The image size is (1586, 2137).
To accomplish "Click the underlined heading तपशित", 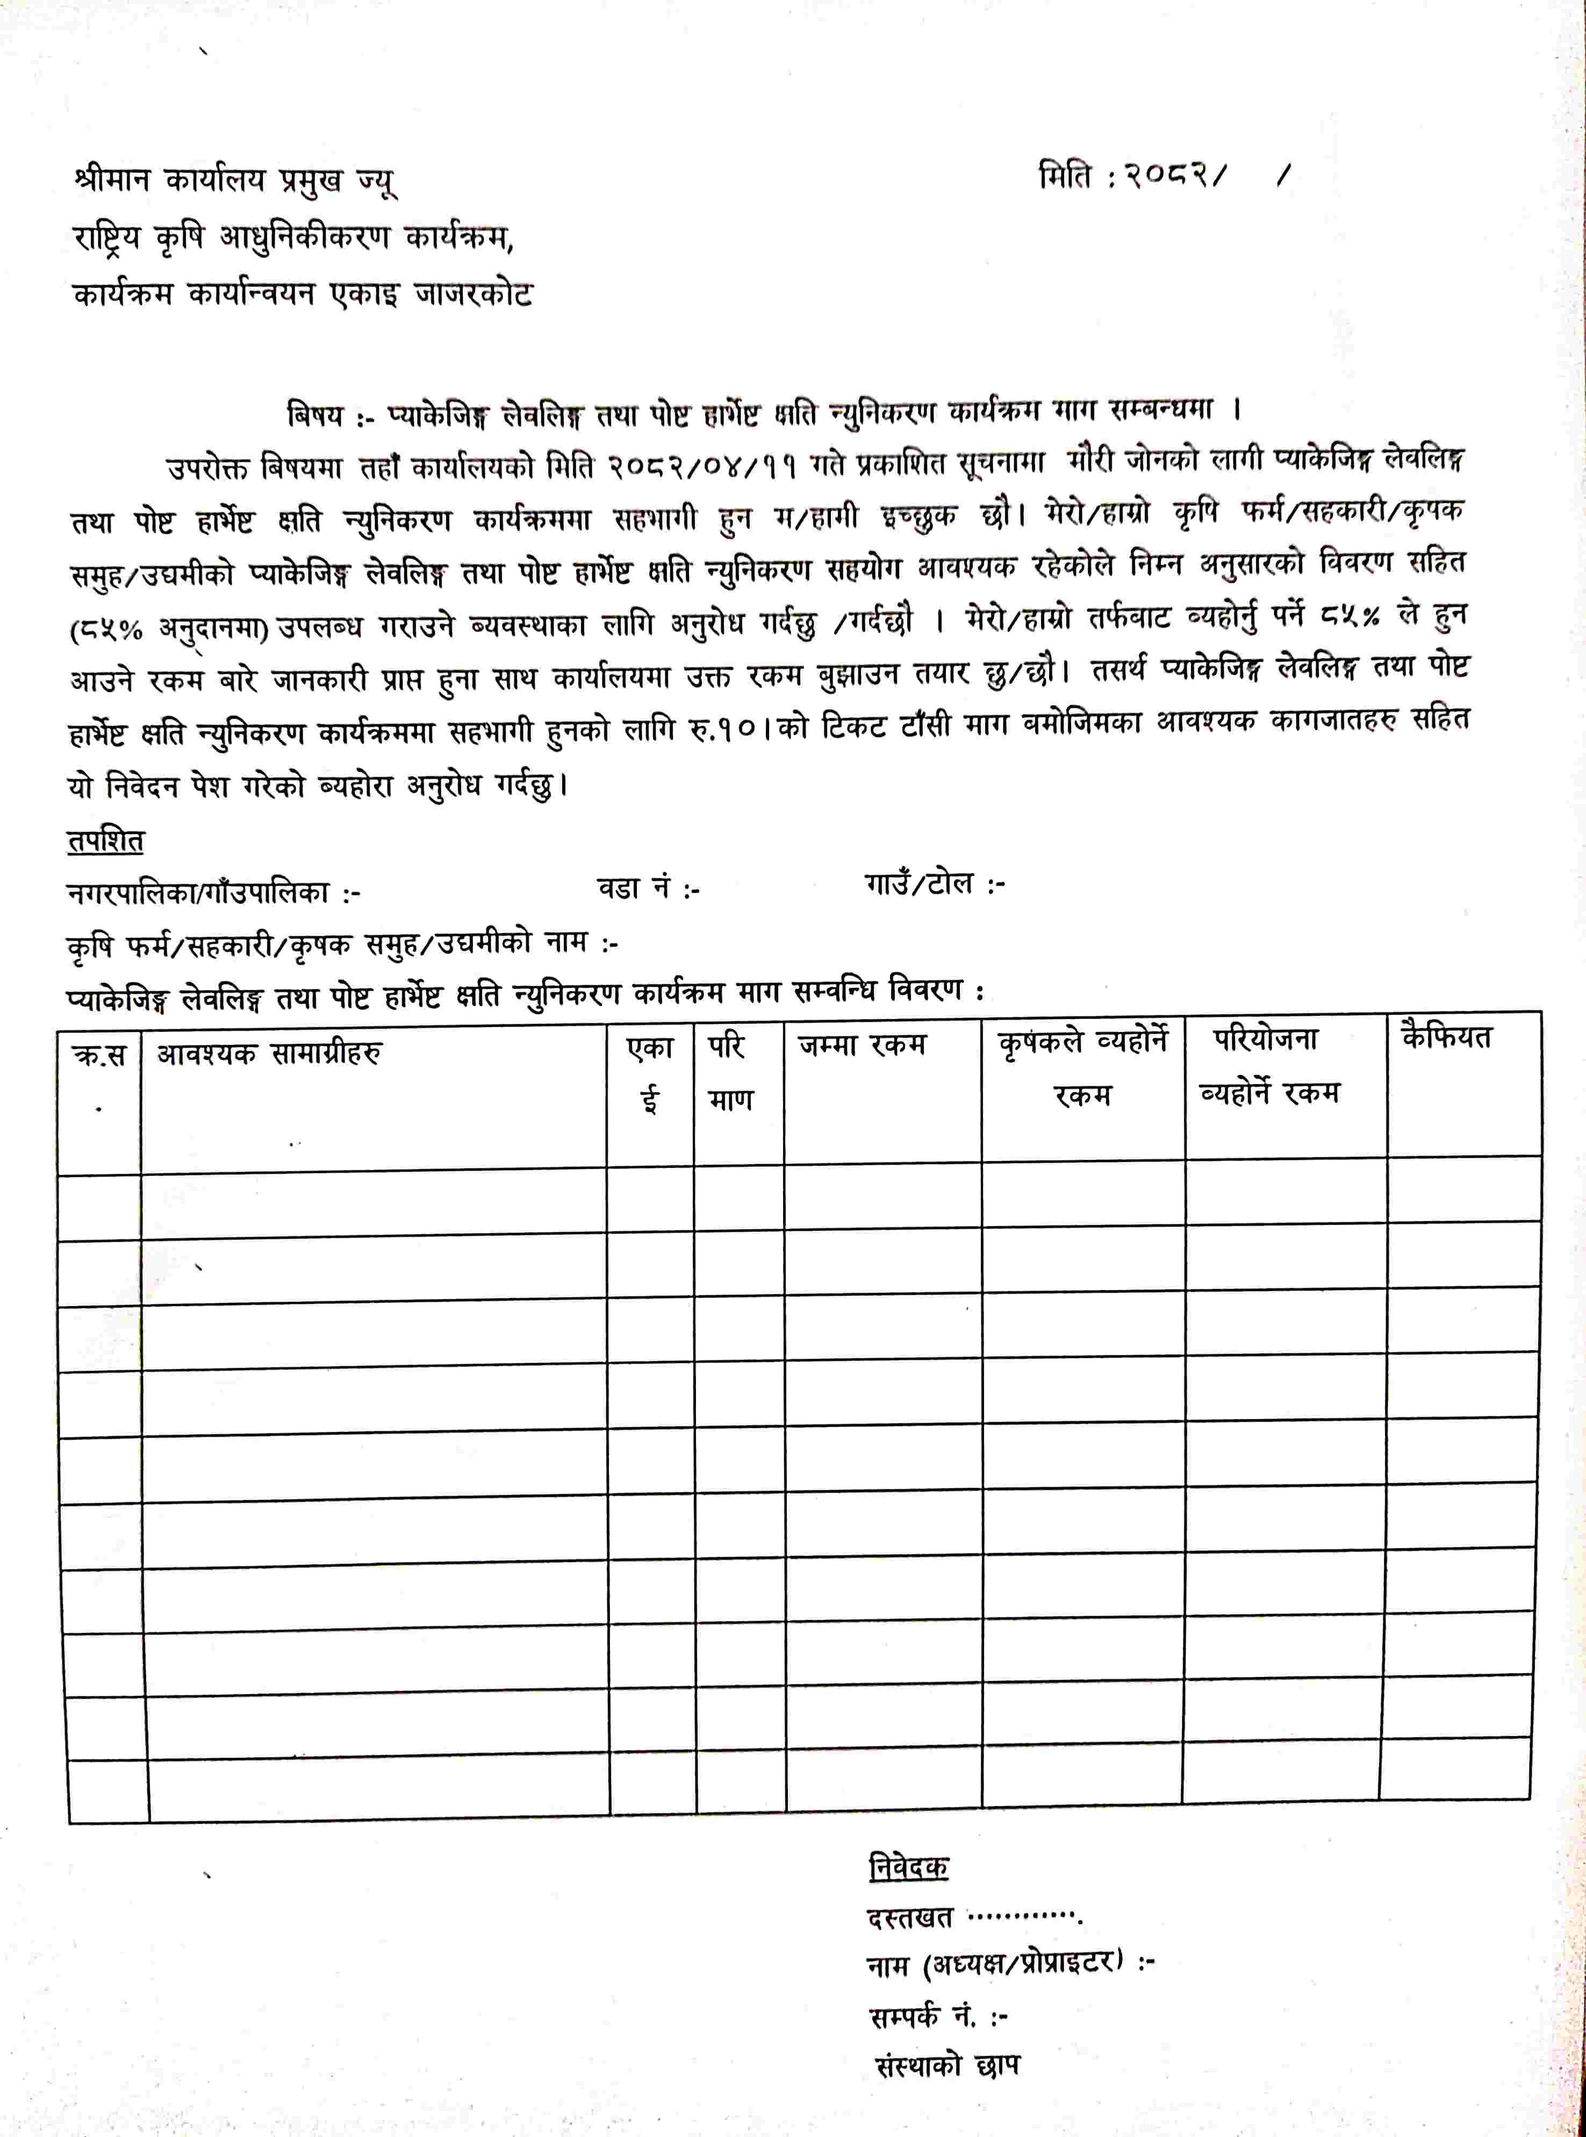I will pos(105,842).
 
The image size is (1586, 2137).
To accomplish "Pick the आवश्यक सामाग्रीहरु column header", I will pos(269,1053).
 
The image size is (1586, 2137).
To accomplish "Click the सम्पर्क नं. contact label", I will pos(937,2016).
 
